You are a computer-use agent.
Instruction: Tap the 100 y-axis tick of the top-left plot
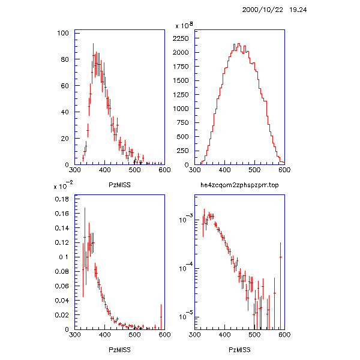click(62, 33)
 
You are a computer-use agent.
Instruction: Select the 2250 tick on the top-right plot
click(182, 38)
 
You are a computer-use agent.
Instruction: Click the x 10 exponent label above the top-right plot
click(184, 26)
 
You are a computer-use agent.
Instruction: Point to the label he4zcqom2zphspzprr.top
click(239, 185)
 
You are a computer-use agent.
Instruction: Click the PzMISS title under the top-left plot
click(119, 185)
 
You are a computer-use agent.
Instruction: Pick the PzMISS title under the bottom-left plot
click(119, 349)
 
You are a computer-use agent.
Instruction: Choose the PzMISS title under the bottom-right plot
click(239, 349)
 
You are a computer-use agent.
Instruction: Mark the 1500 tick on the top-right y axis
click(182, 80)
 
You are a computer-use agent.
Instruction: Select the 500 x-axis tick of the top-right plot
click(254, 170)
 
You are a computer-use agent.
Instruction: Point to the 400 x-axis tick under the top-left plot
click(104, 170)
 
